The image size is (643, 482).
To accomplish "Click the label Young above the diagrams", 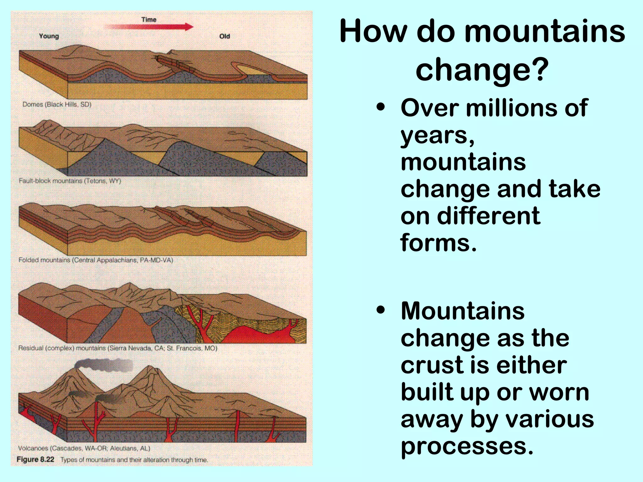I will coord(49,36).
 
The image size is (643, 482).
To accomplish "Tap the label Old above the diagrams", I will coord(224,36).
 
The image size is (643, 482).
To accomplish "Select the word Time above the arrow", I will coord(149,19).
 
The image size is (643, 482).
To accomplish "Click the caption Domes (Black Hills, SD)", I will coord(57,104).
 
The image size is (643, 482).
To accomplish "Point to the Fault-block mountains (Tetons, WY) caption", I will coord(70,181).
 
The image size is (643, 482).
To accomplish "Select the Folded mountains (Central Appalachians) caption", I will coord(96,260).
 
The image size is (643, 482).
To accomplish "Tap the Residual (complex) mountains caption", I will coord(118,348).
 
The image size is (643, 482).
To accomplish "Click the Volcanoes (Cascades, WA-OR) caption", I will coord(84,448).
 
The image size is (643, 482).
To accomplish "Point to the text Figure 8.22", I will coord(35,459).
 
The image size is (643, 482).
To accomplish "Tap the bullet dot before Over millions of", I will coord(381,108).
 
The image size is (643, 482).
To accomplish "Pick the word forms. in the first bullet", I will coord(438,243).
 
